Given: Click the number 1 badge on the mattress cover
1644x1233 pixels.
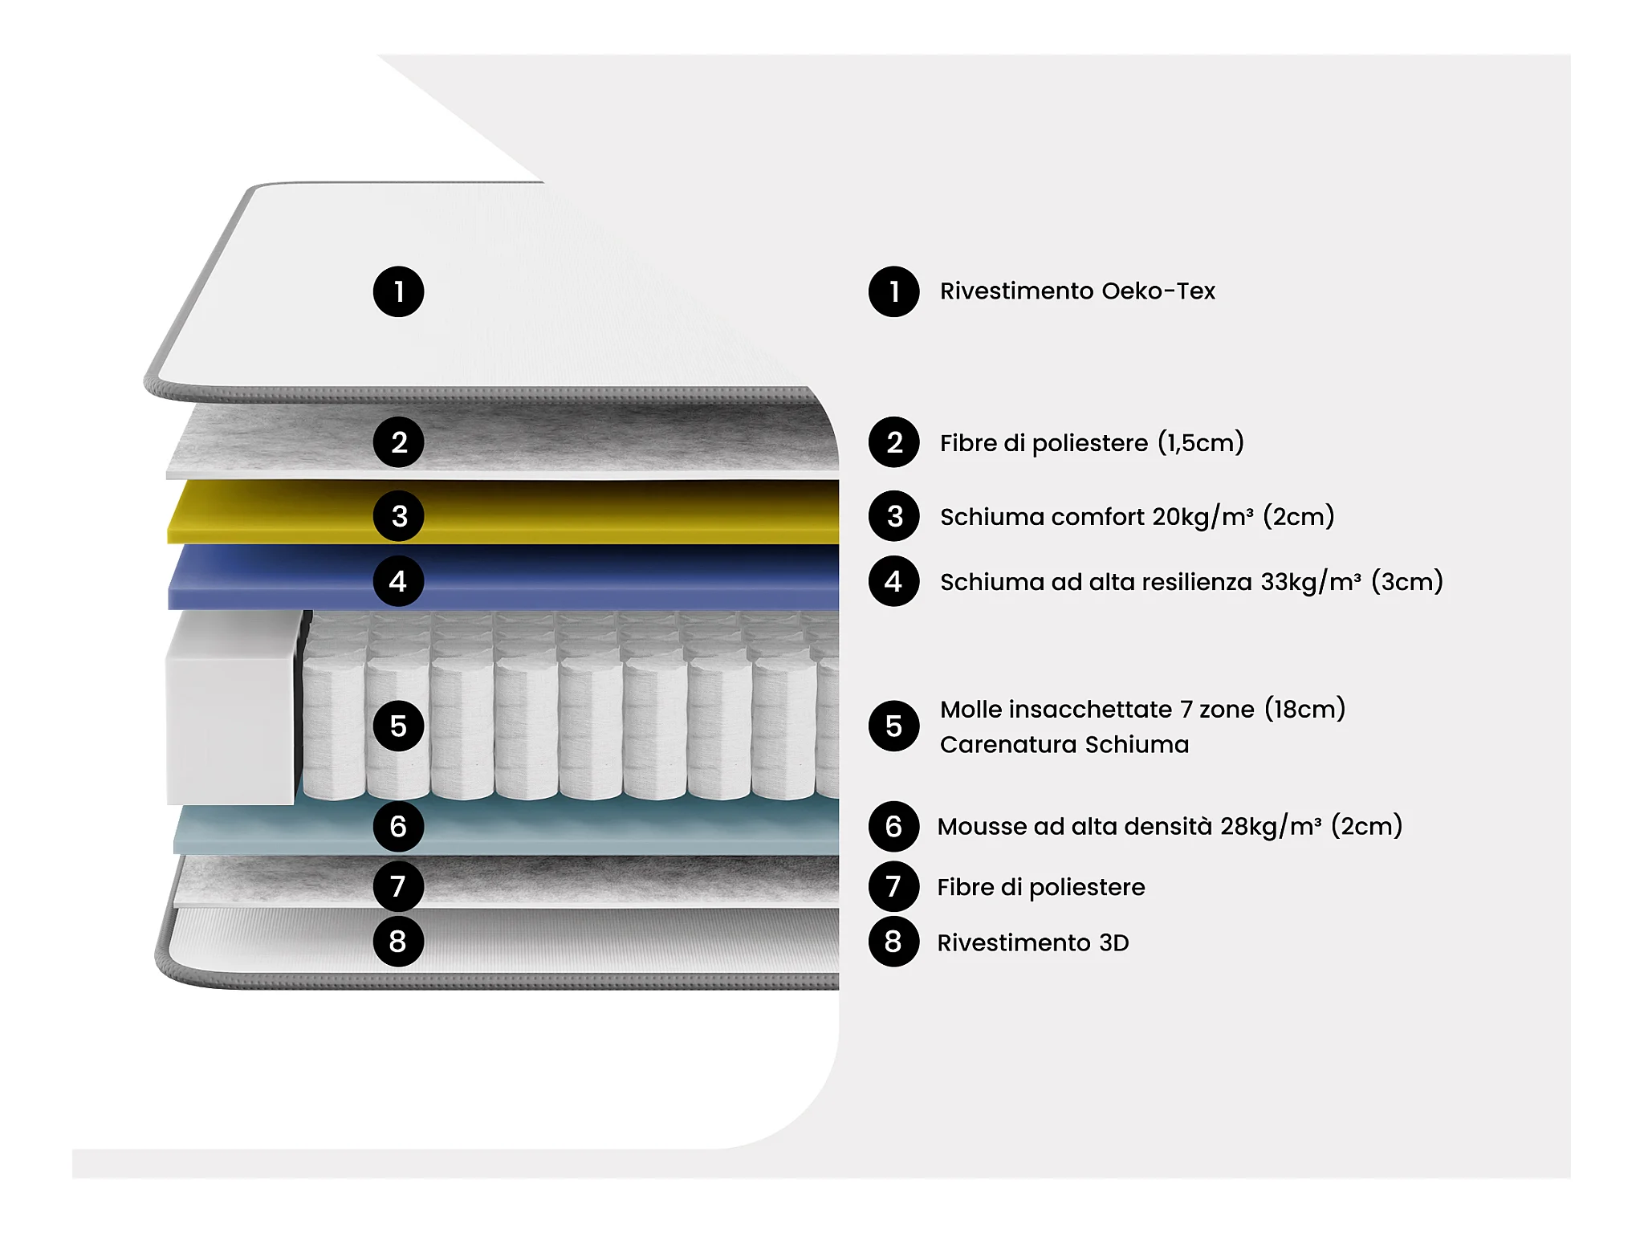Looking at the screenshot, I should point(398,291).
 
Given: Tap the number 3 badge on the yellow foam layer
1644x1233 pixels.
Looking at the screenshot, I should point(398,515).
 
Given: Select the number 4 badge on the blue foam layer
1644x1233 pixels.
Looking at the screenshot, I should point(398,580).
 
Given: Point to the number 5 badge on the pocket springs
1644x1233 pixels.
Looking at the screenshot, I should point(398,726).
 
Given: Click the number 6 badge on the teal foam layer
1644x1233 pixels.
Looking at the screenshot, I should point(398,826).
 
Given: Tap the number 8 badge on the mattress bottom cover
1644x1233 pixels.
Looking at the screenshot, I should point(398,941).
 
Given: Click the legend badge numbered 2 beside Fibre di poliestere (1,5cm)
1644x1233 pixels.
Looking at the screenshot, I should point(893,442).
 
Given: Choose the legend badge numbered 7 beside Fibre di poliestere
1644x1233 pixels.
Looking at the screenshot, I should point(893,886).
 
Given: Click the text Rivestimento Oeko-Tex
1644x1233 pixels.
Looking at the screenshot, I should point(1077,291).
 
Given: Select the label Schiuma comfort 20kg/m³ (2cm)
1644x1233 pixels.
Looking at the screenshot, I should point(1137,516).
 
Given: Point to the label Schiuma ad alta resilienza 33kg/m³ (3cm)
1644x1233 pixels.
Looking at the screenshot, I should point(1191,581).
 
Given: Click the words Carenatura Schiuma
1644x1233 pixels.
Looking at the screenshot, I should point(1064,745).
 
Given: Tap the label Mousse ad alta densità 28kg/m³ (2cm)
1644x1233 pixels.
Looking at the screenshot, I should point(1170,826).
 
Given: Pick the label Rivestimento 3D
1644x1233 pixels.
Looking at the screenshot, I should point(1033,942).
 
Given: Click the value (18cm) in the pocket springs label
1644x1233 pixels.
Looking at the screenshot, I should point(1304,709).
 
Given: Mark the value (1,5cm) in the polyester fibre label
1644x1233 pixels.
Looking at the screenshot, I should point(1201,442).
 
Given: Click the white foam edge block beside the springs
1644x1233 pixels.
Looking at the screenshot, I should point(231,706).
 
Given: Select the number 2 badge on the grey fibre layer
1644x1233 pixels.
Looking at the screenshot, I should point(398,442).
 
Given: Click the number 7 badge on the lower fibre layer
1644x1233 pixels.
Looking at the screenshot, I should point(398,886).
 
